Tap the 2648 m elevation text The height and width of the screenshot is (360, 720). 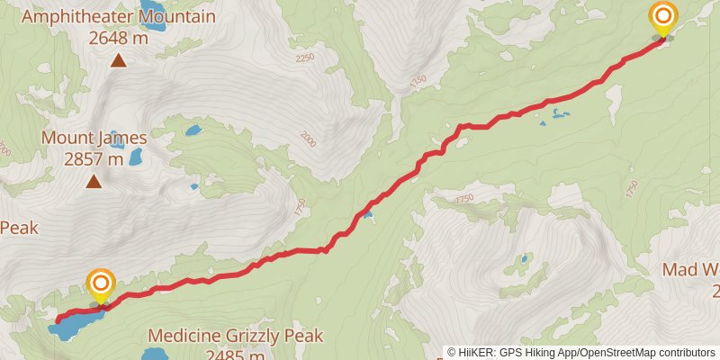[x=120, y=38]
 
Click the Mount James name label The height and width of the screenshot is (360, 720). [x=94, y=138]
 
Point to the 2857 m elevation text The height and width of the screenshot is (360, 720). [x=94, y=159]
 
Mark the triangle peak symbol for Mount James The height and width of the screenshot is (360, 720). [x=94, y=182]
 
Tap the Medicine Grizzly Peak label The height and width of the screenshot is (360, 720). [x=235, y=336]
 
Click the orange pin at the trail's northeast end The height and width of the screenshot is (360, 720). [x=663, y=19]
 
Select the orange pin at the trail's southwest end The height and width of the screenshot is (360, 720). [x=100, y=285]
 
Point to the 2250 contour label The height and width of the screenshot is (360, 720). [x=306, y=58]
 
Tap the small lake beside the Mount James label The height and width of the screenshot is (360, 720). [x=135, y=157]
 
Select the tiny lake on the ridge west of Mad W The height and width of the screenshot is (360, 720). [x=524, y=259]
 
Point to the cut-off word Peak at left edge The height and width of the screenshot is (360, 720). [x=18, y=228]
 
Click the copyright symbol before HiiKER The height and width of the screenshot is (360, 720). [x=452, y=353]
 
